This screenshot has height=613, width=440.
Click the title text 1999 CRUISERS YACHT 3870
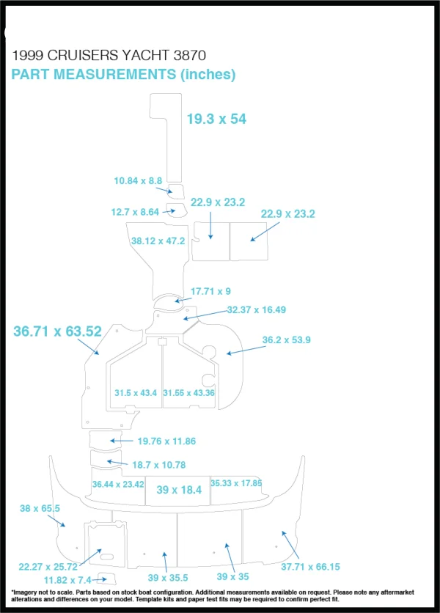click(109, 55)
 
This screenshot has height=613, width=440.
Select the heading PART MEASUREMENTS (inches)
click(123, 74)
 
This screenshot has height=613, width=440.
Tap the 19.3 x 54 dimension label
click(216, 119)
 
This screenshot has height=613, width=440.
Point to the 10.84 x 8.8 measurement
click(138, 180)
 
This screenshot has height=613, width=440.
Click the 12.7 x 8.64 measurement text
click(135, 212)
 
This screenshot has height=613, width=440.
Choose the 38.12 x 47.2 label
click(158, 241)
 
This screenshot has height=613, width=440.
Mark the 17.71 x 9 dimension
click(210, 291)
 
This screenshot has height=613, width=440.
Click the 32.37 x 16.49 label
click(256, 309)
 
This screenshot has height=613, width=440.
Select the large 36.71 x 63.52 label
click(57, 331)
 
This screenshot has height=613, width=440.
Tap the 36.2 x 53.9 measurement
click(286, 339)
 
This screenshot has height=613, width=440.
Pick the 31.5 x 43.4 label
click(136, 392)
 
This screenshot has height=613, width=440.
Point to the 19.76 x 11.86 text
click(166, 441)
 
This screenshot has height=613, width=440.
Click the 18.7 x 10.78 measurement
click(159, 465)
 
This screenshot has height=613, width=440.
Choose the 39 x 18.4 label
click(179, 490)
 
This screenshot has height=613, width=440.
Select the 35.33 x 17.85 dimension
click(236, 483)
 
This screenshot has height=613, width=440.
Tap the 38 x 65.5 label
click(40, 508)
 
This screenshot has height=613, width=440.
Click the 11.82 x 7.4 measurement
click(67, 580)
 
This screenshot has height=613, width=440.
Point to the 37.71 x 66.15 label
click(310, 567)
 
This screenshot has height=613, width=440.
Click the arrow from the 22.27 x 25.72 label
click(91, 557)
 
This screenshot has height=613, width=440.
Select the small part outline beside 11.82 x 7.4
click(107, 579)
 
